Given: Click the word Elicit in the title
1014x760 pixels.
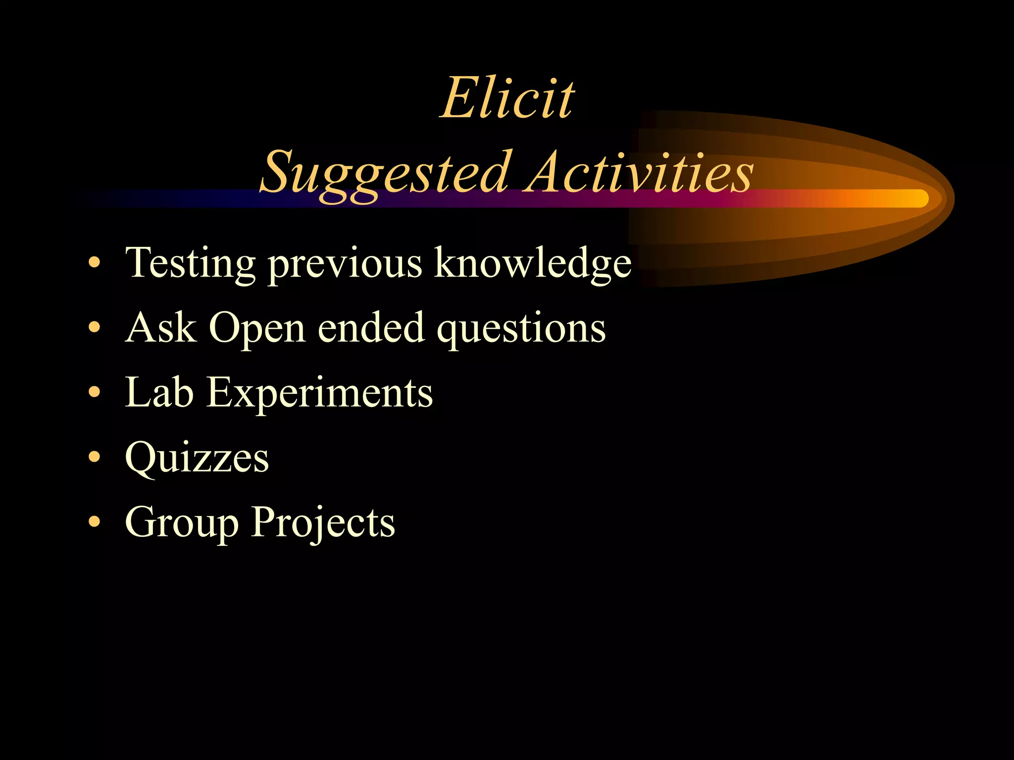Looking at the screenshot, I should click(507, 98).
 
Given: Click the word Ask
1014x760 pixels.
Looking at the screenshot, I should click(160, 327).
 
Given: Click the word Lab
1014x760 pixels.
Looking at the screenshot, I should click(159, 392).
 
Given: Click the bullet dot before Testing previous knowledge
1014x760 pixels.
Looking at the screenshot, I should click(94, 262).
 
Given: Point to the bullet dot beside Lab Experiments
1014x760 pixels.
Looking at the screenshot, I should click(94, 392).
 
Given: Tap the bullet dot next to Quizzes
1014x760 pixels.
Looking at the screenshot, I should click(94, 457).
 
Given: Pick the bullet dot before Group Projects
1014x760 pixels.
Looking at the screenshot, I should click(94, 522).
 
